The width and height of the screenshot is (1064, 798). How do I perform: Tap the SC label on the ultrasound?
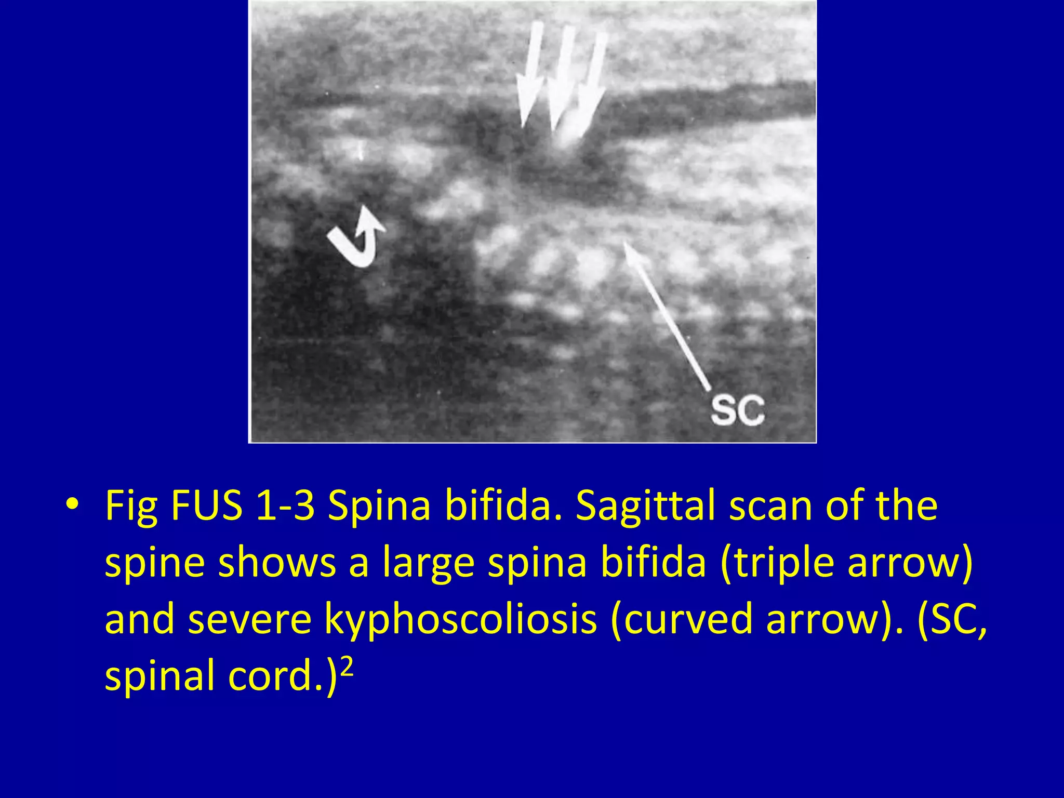(737, 410)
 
